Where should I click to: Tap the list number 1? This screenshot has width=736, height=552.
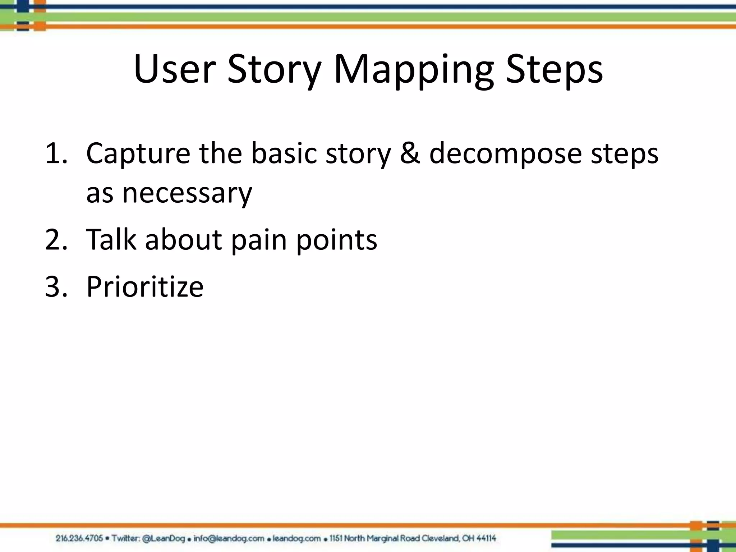[x=56, y=153]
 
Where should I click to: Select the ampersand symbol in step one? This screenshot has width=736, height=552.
[x=410, y=153]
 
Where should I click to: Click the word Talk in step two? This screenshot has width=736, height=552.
[x=111, y=240]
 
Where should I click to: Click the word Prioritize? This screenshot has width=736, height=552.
[x=145, y=287]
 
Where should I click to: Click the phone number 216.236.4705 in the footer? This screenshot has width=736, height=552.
[x=79, y=538]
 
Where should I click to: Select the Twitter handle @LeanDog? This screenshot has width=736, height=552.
[x=164, y=538]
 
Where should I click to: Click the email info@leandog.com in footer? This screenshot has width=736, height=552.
[x=229, y=538]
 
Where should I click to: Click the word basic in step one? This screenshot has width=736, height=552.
[x=284, y=153]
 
